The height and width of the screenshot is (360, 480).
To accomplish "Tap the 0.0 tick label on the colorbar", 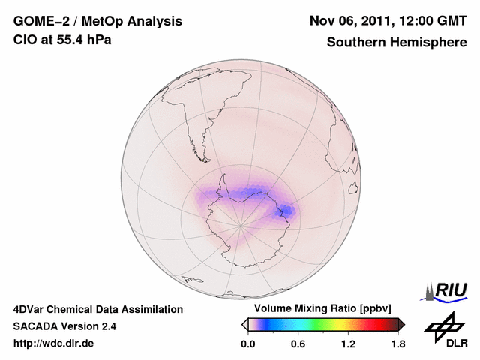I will (x=247, y=344).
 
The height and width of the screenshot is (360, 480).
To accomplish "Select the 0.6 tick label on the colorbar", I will (x=298, y=344).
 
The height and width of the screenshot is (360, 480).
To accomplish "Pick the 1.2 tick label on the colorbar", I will (x=348, y=344).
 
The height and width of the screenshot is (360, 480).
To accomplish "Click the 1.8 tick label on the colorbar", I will (x=398, y=344).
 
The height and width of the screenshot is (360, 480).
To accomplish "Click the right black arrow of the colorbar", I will (x=401, y=324).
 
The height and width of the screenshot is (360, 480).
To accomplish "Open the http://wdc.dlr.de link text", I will (x=54, y=344).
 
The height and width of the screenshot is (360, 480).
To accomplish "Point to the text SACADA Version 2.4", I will (x=64, y=326).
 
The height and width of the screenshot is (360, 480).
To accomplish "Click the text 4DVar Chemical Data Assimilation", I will (x=97, y=309).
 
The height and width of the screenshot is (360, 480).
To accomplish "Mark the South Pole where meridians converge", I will (x=240, y=224).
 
